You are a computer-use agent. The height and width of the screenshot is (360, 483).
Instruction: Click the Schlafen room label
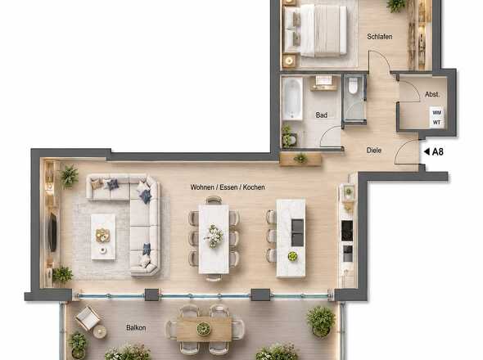380,37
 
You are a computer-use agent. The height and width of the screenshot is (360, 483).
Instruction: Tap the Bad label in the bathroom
321,115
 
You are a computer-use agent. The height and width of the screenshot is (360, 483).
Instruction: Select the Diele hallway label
373,151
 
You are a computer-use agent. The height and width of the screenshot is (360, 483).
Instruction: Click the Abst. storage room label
432,95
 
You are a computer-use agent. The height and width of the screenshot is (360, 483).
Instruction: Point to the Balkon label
136,327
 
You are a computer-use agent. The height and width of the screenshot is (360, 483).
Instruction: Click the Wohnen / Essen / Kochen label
228,187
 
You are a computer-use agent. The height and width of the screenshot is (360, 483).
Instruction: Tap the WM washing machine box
437,113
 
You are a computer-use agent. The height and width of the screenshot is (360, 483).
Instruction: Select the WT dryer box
437,122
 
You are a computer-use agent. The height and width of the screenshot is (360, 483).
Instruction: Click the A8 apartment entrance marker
438,151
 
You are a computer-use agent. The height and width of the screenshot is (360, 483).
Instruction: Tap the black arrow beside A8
427,151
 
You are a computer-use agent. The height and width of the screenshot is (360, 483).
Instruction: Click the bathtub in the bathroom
292,98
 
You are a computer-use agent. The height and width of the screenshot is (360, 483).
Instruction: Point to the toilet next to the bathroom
353,85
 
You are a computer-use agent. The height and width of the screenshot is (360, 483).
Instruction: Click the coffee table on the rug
103,236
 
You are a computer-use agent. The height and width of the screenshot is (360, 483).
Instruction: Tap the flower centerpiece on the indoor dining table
214,236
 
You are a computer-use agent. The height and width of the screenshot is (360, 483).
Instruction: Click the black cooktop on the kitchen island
297,232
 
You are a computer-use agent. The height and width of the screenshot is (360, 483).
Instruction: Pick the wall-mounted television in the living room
52,232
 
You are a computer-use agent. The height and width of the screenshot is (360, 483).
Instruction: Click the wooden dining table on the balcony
204,329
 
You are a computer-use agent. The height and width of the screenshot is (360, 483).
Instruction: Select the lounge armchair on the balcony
88,317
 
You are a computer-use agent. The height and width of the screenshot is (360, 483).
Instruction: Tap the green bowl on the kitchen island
292,256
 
